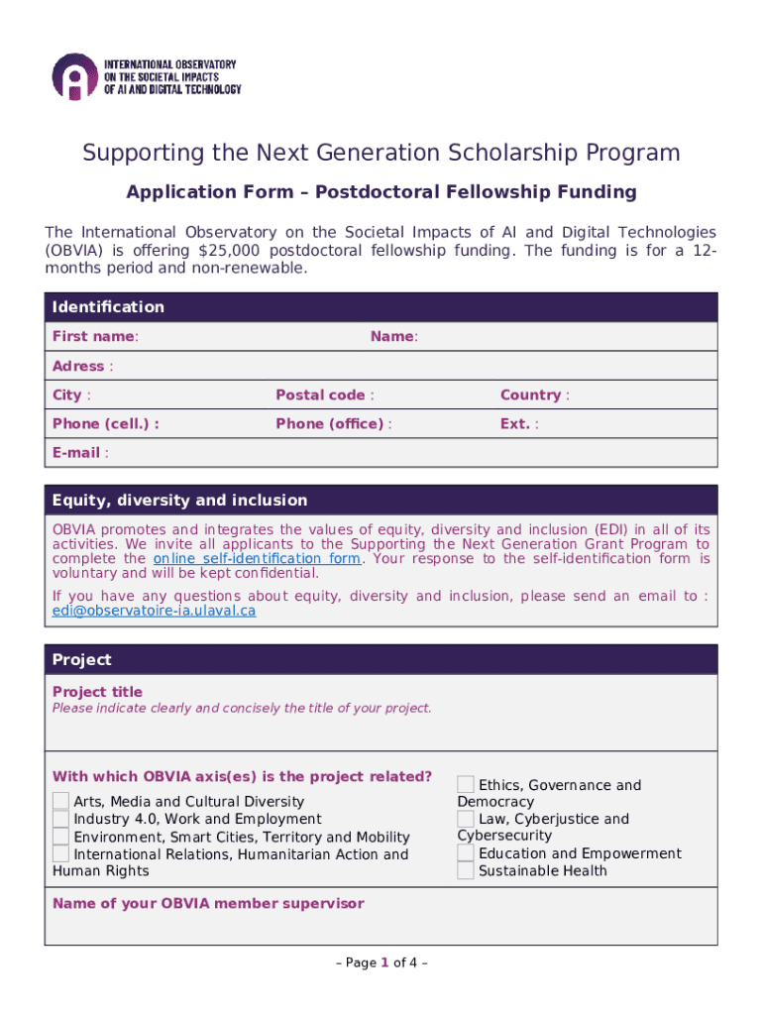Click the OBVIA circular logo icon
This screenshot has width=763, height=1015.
point(75,77)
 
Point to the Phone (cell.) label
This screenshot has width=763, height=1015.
point(105,424)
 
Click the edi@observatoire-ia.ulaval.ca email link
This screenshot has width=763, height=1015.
point(154,612)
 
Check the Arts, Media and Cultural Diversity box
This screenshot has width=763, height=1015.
point(61,801)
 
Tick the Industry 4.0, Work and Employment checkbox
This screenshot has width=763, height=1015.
point(61,819)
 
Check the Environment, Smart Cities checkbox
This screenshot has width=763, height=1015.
point(61,837)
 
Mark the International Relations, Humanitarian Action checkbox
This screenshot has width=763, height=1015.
point(61,853)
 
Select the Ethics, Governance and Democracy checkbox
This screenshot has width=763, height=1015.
point(466,784)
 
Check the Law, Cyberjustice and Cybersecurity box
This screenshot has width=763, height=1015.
point(466,819)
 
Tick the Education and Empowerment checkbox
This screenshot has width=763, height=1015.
point(466,853)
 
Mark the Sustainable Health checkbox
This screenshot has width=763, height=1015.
point(466,871)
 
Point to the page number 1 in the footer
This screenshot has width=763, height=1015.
point(384,962)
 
